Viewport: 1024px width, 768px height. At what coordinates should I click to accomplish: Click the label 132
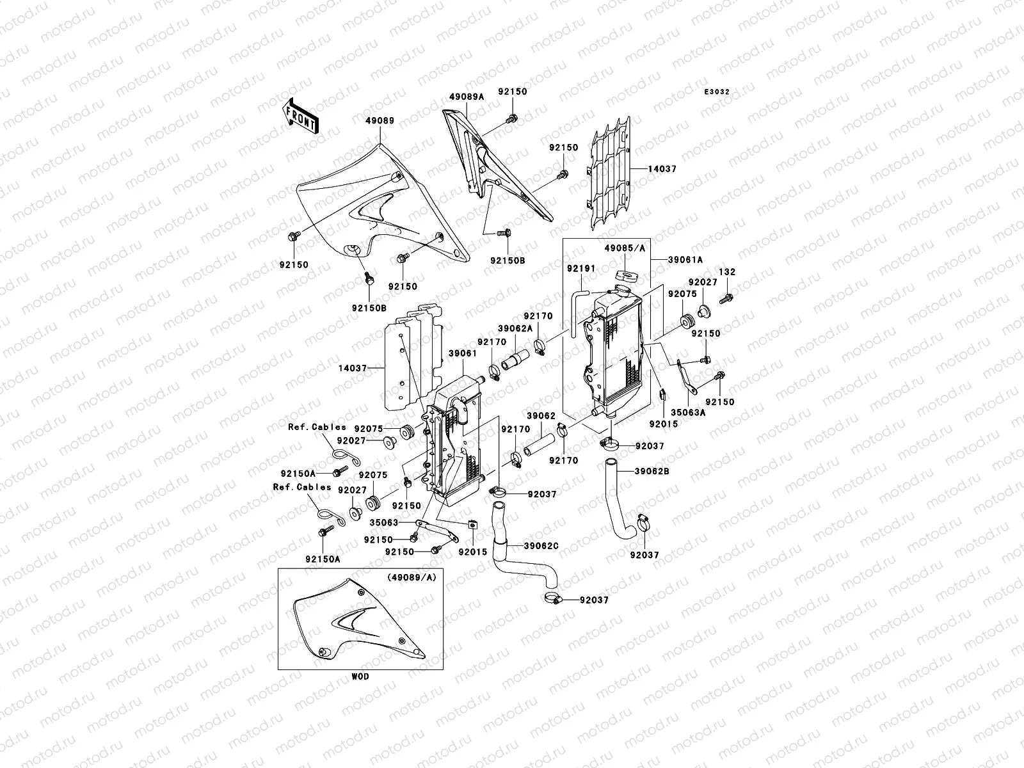pyautogui.click(x=726, y=272)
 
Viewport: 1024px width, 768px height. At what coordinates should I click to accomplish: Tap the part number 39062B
pyautogui.click(x=652, y=471)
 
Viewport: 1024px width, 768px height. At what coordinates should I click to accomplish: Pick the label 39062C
pyautogui.click(x=541, y=545)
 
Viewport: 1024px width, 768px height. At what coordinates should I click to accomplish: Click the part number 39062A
pyautogui.click(x=517, y=328)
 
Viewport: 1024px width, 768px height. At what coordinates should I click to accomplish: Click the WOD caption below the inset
pyautogui.click(x=360, y=676)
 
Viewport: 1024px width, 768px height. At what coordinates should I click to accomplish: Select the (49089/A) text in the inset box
pyautogui.click(x=411, y=577)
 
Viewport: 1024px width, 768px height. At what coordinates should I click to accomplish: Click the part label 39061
pyautogui.click(x=461, y=353)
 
